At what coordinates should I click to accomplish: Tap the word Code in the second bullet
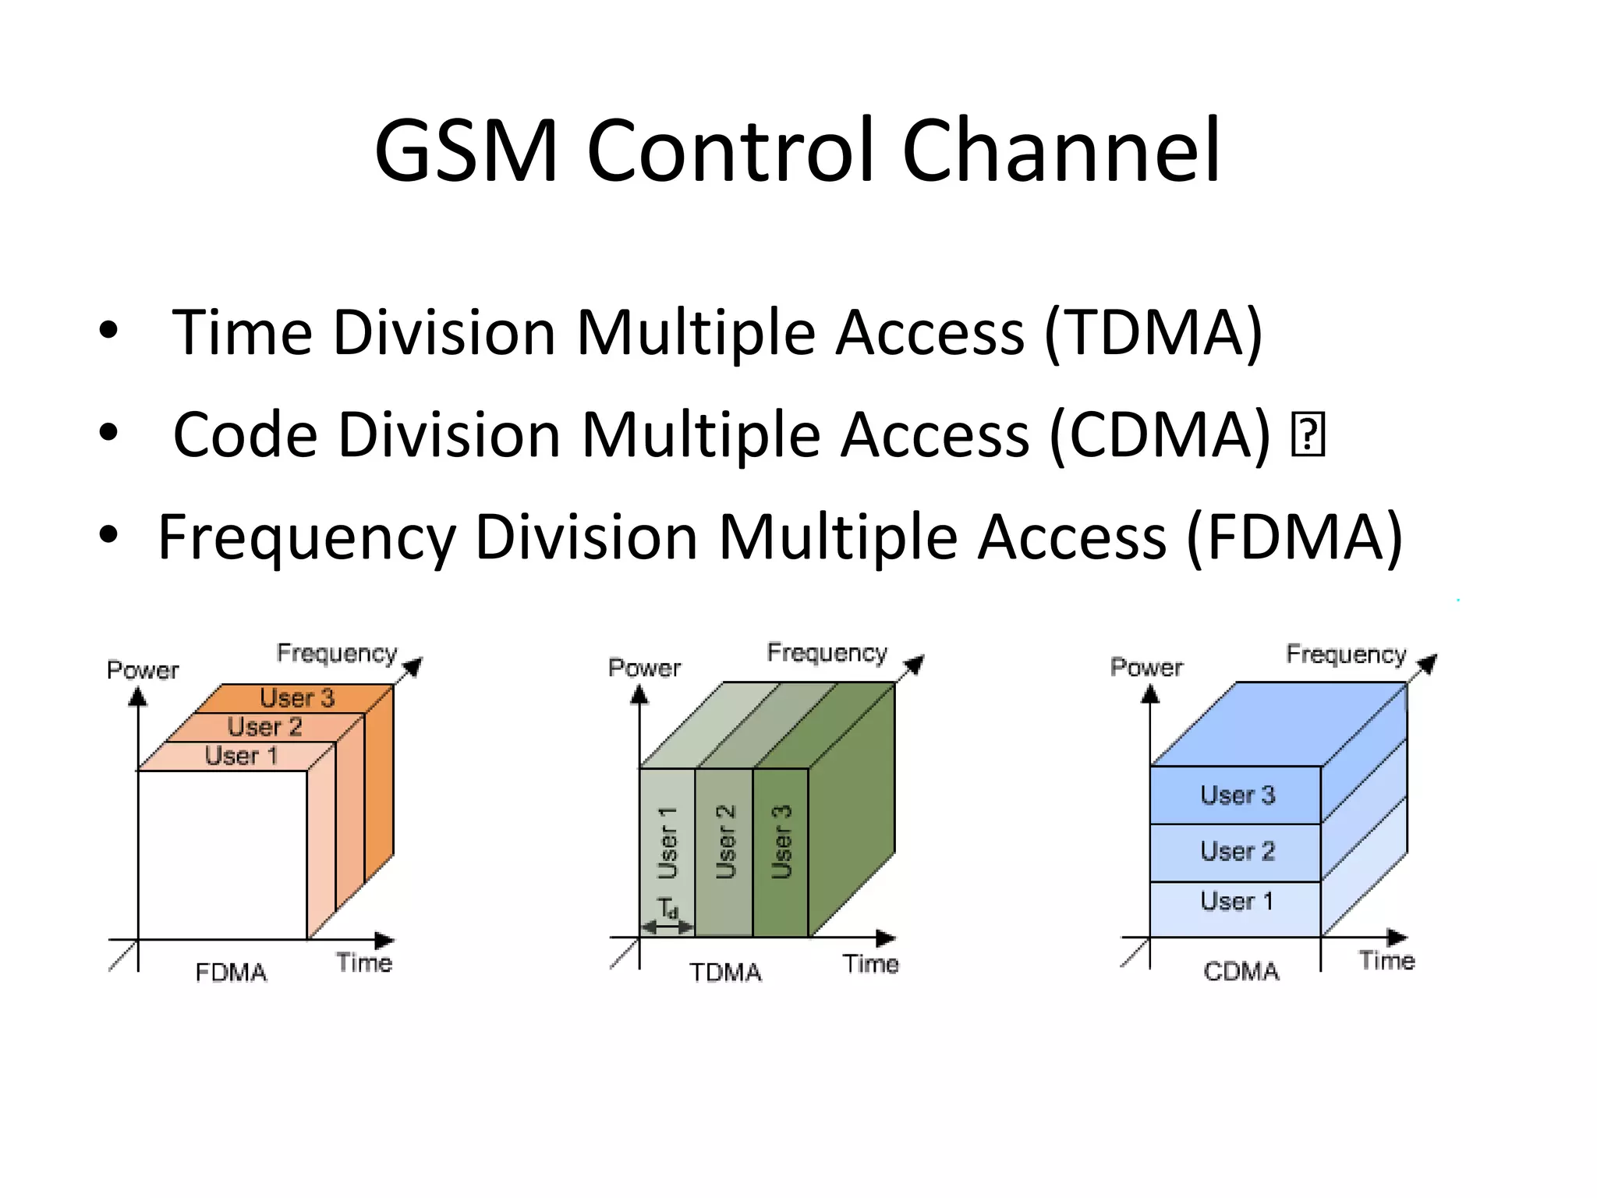245,435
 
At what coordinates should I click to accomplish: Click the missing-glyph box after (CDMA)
1308,435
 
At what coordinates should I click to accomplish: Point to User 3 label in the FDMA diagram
297,697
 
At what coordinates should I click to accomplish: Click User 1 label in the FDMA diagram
241,755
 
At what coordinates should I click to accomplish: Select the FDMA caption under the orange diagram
231,972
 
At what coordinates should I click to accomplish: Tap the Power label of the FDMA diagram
143,670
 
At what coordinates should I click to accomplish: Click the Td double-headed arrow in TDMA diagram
667,927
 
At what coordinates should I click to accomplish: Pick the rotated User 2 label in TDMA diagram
725,842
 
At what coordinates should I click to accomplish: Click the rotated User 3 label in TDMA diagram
781,842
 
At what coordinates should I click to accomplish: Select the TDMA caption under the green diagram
725,972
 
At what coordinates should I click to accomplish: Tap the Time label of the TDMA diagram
870,964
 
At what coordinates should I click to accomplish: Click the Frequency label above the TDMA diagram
827,652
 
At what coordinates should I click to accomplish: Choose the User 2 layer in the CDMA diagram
1237,851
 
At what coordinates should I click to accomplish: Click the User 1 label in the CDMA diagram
1237,902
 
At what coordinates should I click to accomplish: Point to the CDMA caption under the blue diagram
1241,971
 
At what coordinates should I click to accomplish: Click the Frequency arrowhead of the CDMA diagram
1428,664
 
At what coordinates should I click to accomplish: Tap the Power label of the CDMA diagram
1146,668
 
